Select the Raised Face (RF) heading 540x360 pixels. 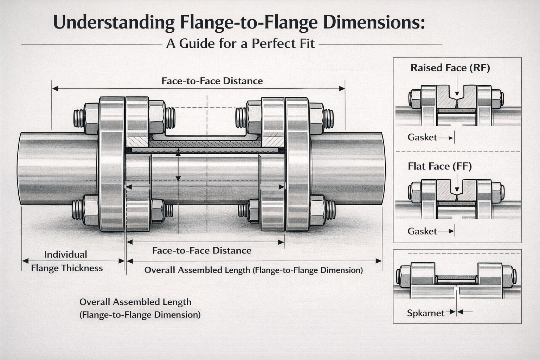pyautogui.click(x=450, y=68)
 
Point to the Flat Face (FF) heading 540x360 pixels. pyautogui.click(x=439, y=166)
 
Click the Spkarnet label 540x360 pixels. pyautogui.click(x=425, y=313)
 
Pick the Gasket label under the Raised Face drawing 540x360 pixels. pyautogui.click(x=422, y=137)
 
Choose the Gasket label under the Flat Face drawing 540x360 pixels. pyautogui.click(x=422, y=231)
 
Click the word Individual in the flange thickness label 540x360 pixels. pyautogui.click(x=65, y=255)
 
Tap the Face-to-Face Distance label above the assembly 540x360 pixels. pyautogui.click(x=212, y=81)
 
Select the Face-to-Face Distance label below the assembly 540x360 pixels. pyautogui.click(x=201, y=251)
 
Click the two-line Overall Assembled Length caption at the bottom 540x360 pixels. pyautogui.click(x=140, y=308)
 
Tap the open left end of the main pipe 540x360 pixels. pyautogui.click(x=20, y=169)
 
